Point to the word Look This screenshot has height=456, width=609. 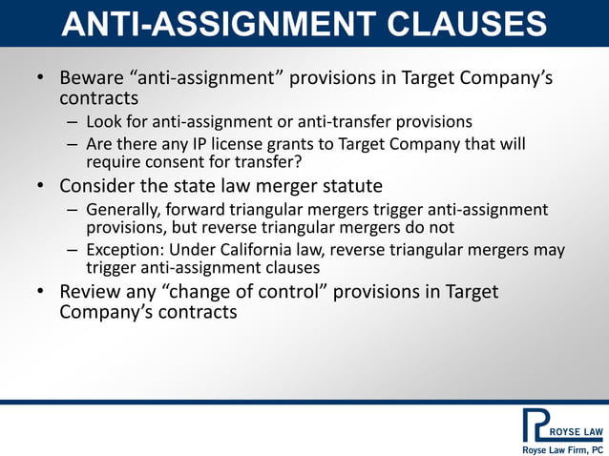click(103, 121)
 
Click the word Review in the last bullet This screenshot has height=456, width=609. click(92, 291)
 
